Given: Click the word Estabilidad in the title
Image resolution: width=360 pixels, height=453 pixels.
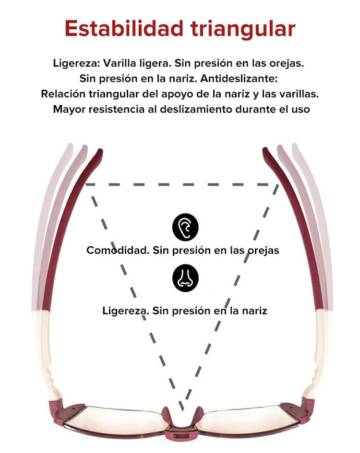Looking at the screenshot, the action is (124, 28).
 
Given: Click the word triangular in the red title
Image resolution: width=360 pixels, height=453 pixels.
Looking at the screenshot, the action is (243, 29).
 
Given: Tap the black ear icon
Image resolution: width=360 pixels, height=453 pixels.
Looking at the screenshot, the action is (185, 227).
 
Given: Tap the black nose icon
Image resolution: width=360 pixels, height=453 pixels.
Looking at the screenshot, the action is (185, 278).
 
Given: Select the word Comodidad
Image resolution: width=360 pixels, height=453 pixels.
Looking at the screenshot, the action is (118, 250).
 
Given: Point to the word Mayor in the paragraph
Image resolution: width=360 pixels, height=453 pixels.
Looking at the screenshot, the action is (69, 110).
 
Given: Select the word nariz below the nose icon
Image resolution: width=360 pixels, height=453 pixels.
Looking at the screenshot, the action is (254, 311).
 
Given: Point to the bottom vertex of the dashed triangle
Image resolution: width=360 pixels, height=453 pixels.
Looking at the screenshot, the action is (182, 410).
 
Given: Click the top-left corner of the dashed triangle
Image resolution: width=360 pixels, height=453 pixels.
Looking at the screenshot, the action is (87, 184).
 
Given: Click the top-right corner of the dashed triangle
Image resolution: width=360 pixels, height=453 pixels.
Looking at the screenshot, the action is (278, 184).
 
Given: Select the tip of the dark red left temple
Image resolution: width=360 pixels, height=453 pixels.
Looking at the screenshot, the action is (100, 151).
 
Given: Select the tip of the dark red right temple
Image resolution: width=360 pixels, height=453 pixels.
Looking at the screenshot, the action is (264, 150).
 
